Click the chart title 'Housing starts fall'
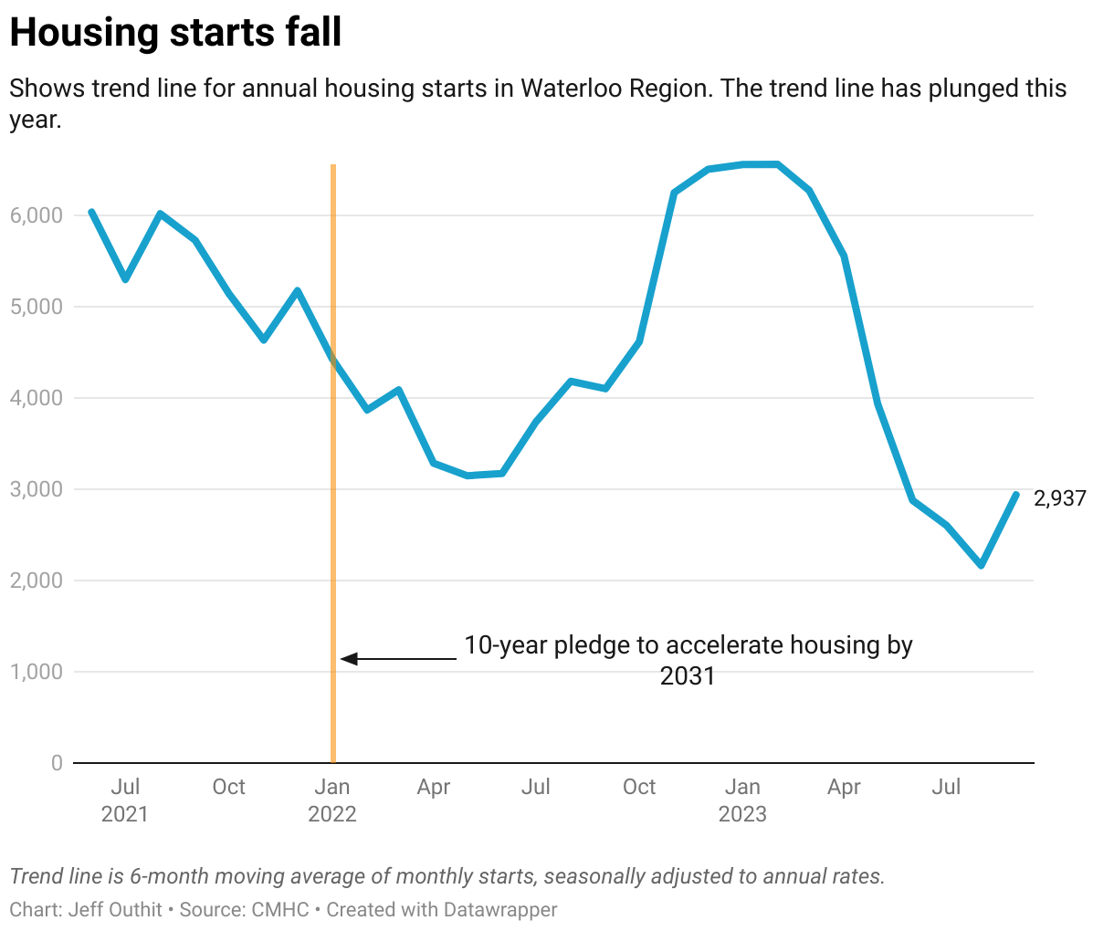[175, 33]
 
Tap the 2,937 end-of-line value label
[1059, 498]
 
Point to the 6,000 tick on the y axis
[37, 215]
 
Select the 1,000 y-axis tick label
[37, 672]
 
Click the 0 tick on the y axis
[57, 763]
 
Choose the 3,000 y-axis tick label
[37, 489]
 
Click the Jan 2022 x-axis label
[331, 800]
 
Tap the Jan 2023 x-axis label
[741, 800]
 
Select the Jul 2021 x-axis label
[125, 800]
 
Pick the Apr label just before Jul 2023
[844, 787]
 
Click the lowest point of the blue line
[982, 566]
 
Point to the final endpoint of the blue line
[1015, 495]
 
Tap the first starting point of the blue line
[91, 212]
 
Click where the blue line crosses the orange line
[333, 359]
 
